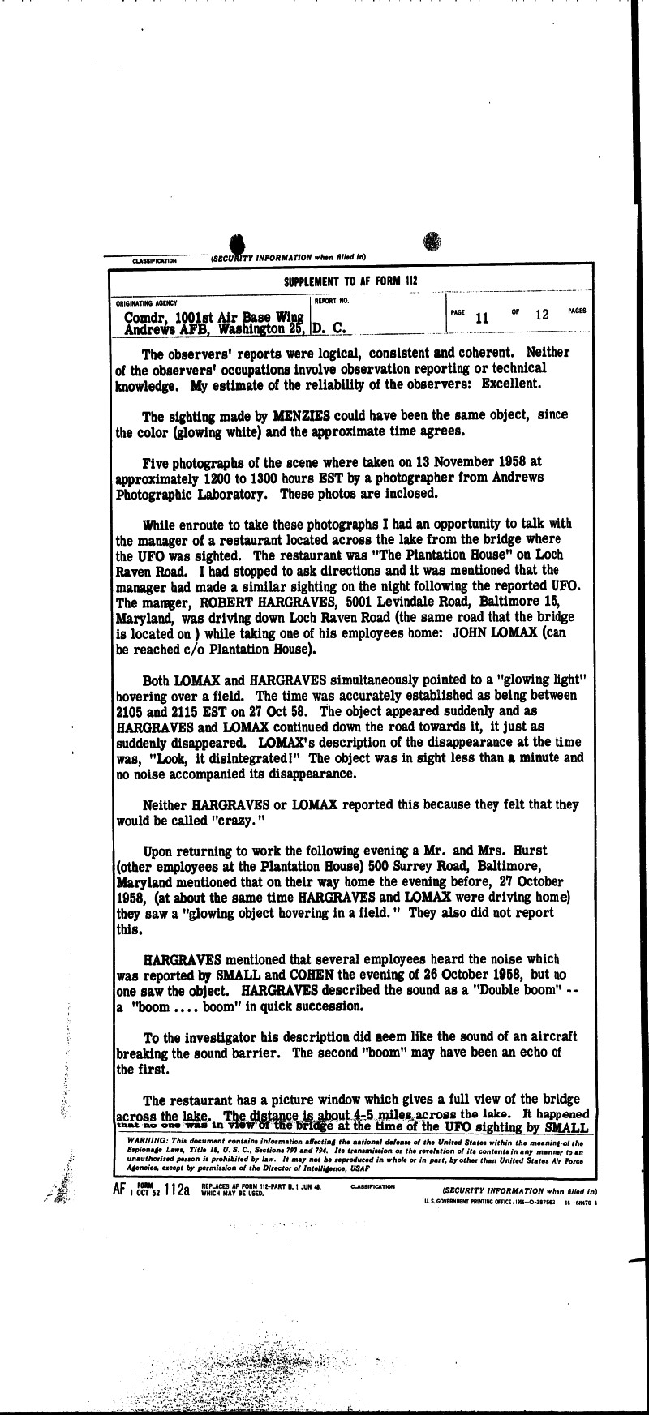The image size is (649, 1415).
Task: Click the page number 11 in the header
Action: (482, 318)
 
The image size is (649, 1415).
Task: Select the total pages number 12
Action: (542, 315)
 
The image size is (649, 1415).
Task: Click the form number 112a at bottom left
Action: (176, 1190)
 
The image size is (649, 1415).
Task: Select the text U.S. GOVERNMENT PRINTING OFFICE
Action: (466, 1202)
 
